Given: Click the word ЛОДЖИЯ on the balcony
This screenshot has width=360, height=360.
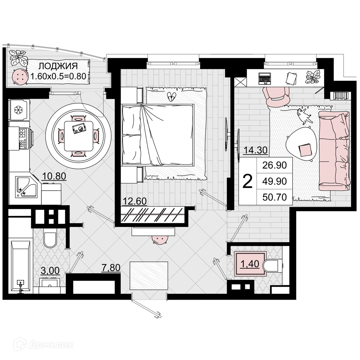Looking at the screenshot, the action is tap(58, 66).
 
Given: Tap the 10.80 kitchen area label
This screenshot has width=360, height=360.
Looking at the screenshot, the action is tap(54, 176).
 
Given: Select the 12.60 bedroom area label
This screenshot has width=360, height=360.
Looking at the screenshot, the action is tap(135, 201).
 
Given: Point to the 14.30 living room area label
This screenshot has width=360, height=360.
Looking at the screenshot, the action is tap(256, 150).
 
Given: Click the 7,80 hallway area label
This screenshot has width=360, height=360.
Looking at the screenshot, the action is tap(111, 267).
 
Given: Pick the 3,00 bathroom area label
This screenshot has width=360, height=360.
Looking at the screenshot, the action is tap(50, 270).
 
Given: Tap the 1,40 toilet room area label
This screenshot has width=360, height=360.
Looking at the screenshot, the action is tap(250, 264).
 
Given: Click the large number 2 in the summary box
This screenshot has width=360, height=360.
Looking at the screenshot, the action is tap(248, 181).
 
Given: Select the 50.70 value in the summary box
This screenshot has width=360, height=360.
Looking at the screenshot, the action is tap(275, 197).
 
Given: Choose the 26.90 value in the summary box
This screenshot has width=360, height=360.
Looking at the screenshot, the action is tap(275, 165).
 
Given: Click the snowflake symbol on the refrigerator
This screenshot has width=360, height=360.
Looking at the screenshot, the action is tap(18, 110).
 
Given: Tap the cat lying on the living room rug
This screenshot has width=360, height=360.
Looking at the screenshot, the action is tap(304, 116).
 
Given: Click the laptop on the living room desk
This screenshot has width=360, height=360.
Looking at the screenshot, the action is tap(265, 78).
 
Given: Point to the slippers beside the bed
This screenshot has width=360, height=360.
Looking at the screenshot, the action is tap(171, 96).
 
